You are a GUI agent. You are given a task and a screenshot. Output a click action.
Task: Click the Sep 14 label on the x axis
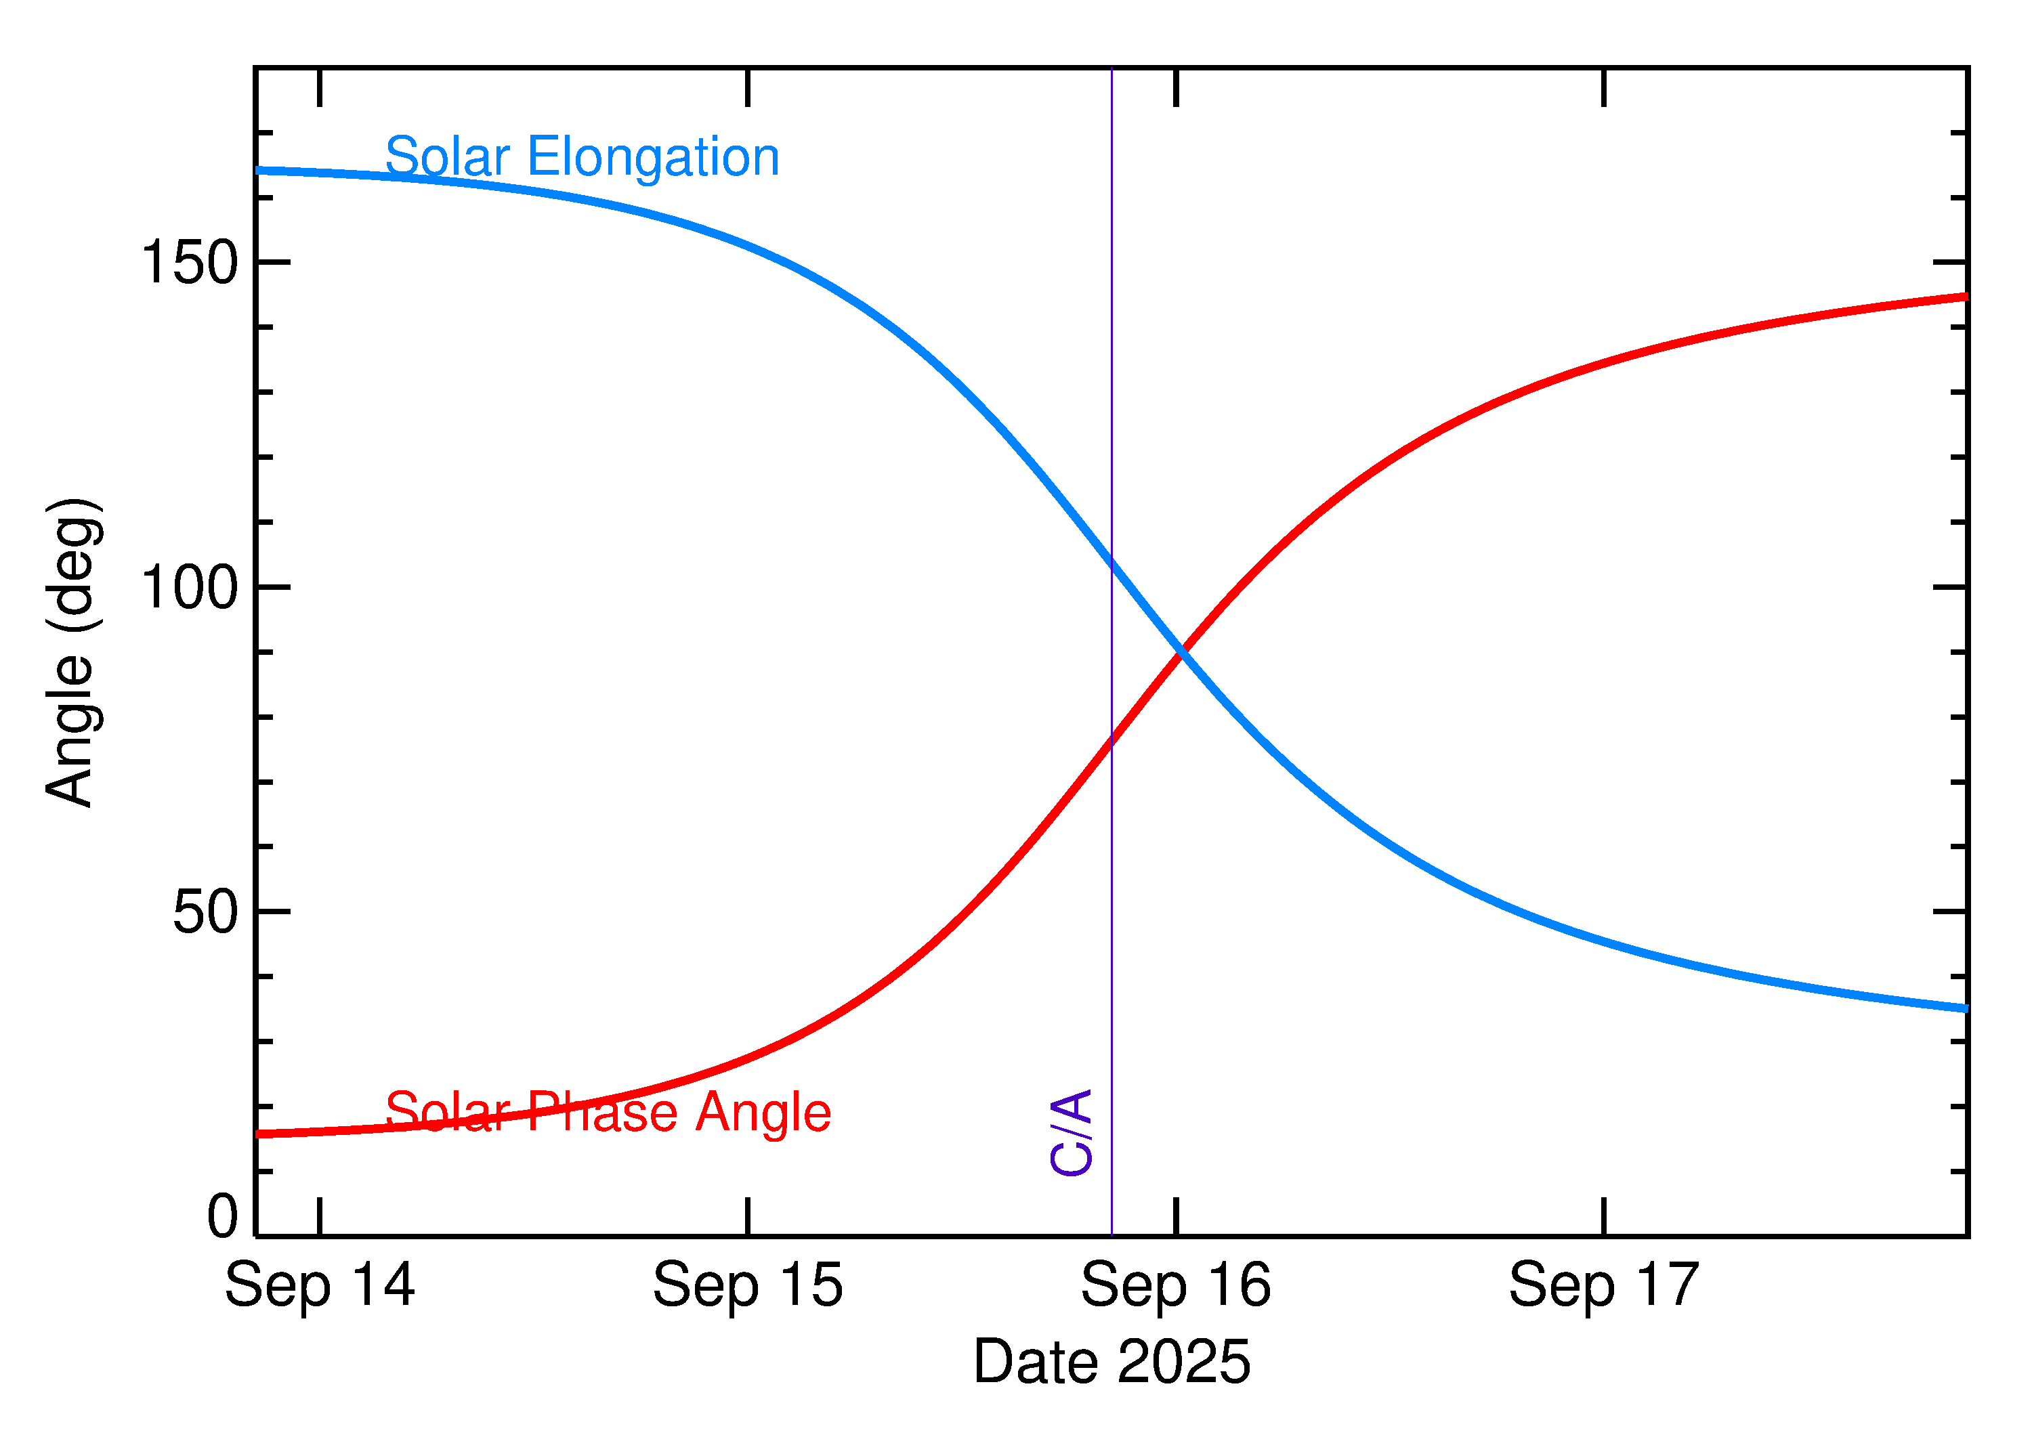[319, 1286]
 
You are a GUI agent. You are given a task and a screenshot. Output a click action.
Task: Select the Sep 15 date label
[747, 1286]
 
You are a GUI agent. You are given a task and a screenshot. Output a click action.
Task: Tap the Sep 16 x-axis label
[1175, 1286]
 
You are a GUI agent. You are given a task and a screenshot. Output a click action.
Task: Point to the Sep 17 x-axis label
[1603, 1286]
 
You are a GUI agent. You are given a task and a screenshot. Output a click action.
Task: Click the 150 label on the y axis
[190, 263]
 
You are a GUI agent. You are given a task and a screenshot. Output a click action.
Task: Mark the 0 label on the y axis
[222, 1217]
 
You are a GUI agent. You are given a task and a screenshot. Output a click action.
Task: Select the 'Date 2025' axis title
[1112, 1362]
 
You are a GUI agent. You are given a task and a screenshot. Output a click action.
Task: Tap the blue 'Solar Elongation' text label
[581, 158]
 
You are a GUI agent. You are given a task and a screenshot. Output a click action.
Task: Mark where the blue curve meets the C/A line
[1112, 561]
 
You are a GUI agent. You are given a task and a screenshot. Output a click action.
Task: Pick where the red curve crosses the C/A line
[1112, 739]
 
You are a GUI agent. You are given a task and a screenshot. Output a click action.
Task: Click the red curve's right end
[1964, 297]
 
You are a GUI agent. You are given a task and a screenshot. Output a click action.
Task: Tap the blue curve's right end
[1964, 1008]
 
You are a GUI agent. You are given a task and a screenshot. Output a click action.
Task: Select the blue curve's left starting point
[259, 170]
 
